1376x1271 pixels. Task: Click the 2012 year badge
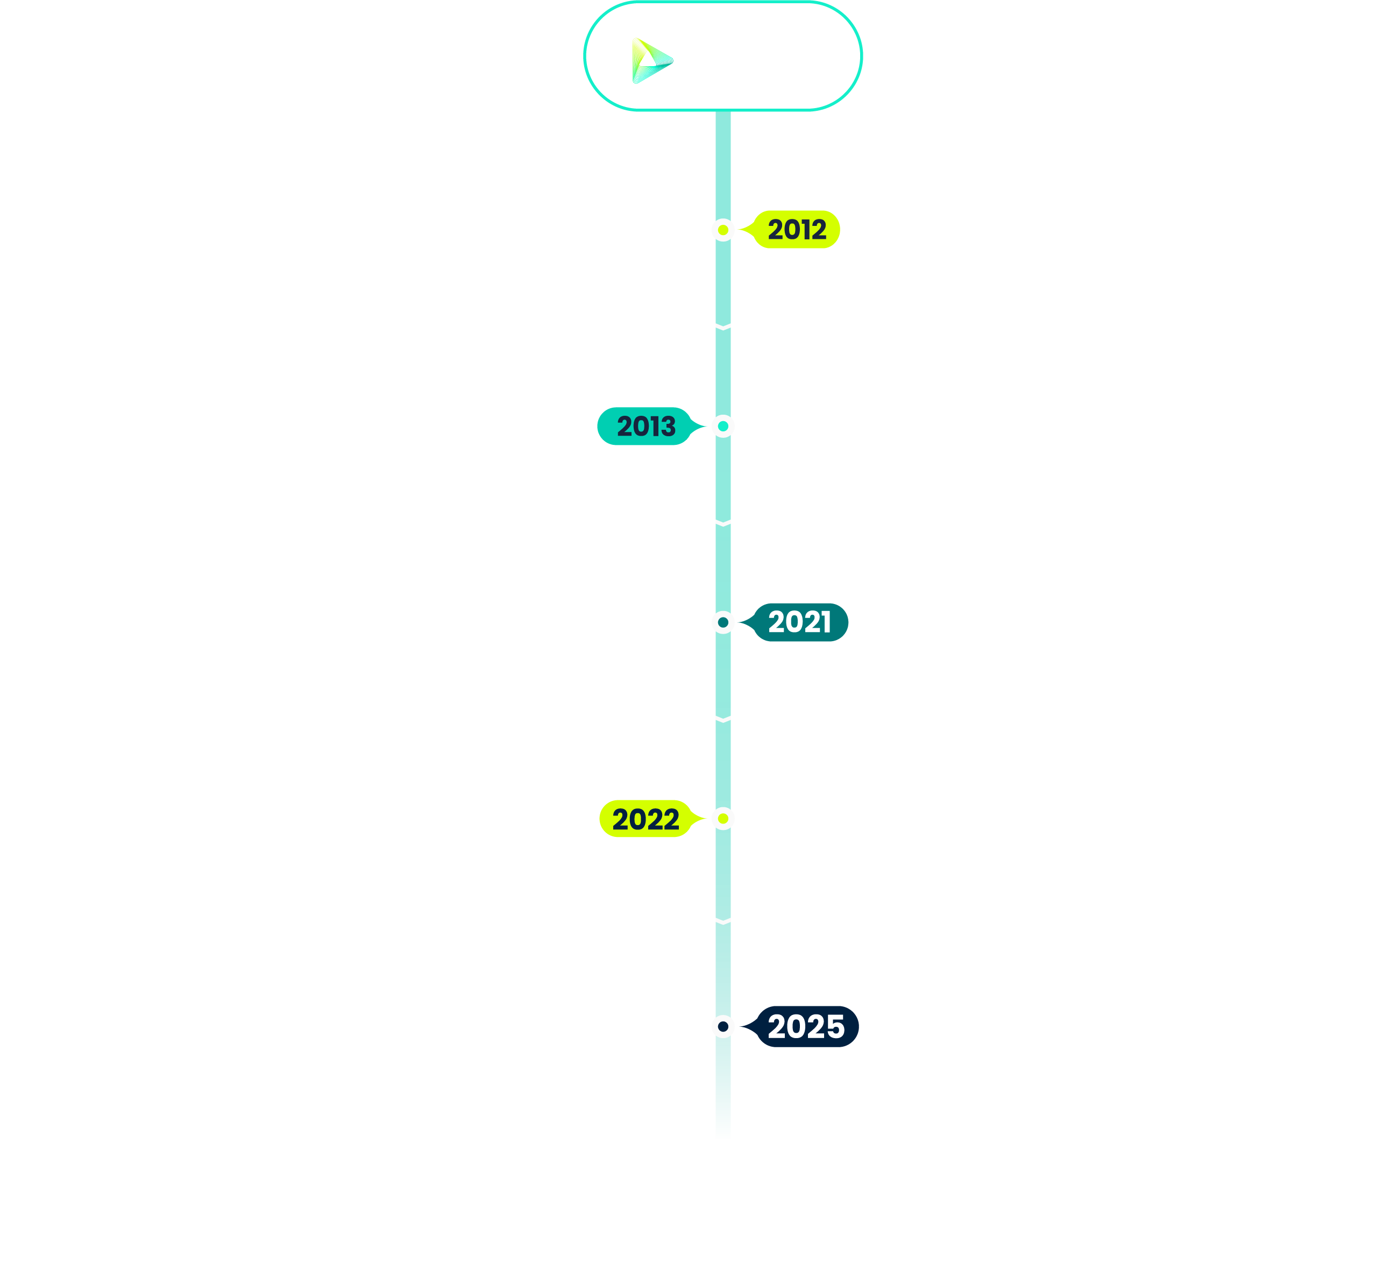click(796, 230)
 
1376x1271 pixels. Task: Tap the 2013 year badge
click(645, 427)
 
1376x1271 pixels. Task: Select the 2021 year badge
click(800, 622)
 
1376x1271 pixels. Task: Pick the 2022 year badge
click(645, 819)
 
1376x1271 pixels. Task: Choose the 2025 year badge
click(806, 1027)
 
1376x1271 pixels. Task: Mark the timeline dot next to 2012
click(723, 230)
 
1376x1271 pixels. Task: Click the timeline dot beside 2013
click(723, 427)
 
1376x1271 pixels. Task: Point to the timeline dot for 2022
click(723, 819)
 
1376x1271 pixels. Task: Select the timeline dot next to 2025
click(723, 1027)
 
